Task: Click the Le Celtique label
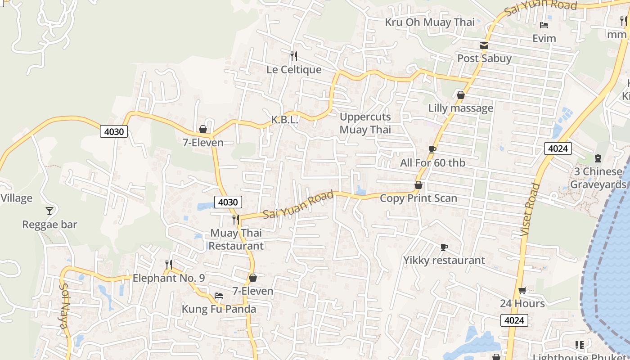click(x=294, y=70)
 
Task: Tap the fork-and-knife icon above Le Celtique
click(x=294, y=56)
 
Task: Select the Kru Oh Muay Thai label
click(x=430, y=22)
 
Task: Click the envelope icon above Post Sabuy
click(x=484, y=45)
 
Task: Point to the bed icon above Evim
click(x=544, y=25)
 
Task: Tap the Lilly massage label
click(x=461, y=108)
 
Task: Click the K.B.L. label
click(x=284, y=120)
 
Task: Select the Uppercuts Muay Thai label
click(x=365, y=123)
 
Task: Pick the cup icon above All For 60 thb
click(x=432, y=149)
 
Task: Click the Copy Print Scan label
click(x=418, y=198)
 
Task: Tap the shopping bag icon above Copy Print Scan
click(x=418, y=185)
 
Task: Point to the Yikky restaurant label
click(x=444, y=260)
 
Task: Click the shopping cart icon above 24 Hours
click(x=522, y=290)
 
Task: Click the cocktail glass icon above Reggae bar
click(x=49, y=211)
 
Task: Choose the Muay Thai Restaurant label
click(x=236, y=239)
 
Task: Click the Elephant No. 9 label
click(x=169, y=278)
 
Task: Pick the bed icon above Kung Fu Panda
click(x=219, y=296)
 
